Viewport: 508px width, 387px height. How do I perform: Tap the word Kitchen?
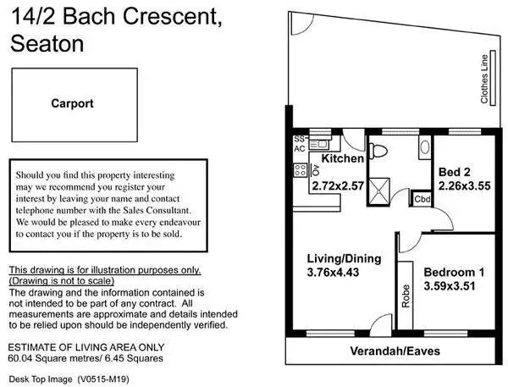(x=342, y=158)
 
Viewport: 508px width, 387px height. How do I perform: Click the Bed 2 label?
(x=456, y=172)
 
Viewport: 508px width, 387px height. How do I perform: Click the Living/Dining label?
(x=343, y=258)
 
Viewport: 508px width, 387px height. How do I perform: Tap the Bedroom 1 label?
(x=454, y=272)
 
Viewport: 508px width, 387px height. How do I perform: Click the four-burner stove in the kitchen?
(x=300, y=170)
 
